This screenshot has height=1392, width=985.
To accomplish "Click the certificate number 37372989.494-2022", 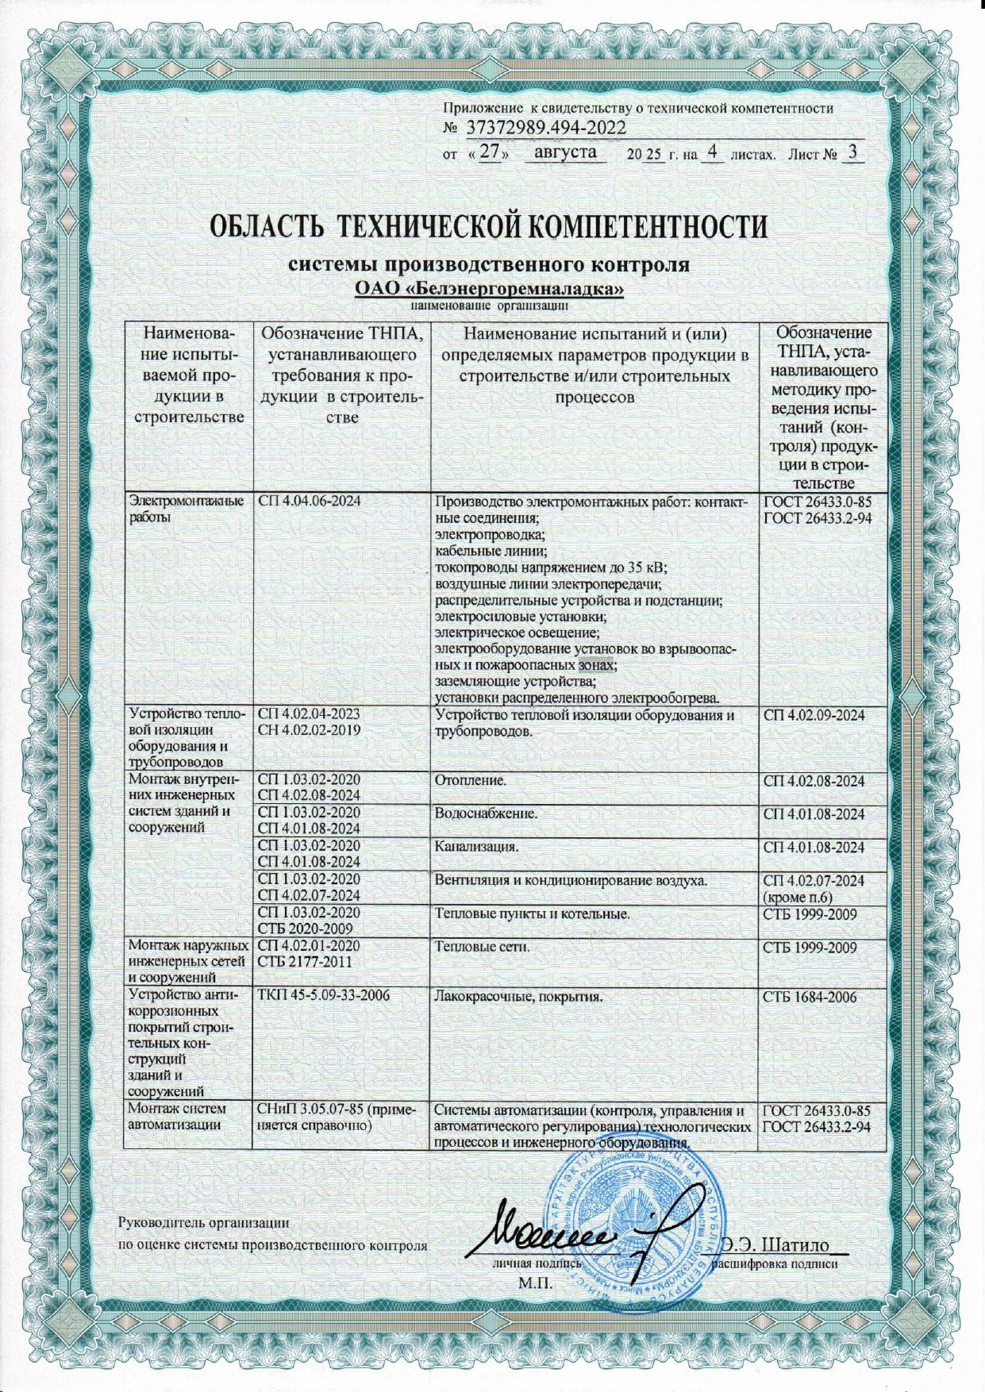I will click(545, 129).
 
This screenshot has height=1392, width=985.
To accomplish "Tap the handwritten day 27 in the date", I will click(493, 152).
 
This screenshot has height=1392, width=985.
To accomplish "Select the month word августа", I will click(565, 152).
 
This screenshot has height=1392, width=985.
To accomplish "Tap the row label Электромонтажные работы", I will click(186, 509).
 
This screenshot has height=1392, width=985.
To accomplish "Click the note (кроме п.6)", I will click(797, 898).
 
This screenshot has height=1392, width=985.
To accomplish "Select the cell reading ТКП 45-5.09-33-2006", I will click(324, 996).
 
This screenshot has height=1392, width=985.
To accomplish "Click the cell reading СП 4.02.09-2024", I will click(814, 715).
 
